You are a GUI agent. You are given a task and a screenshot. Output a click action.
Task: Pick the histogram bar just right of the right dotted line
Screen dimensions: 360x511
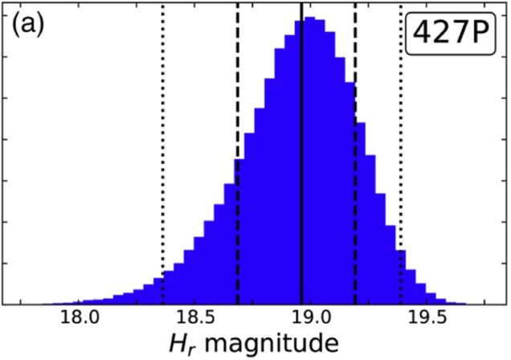(x=407, y=277)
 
